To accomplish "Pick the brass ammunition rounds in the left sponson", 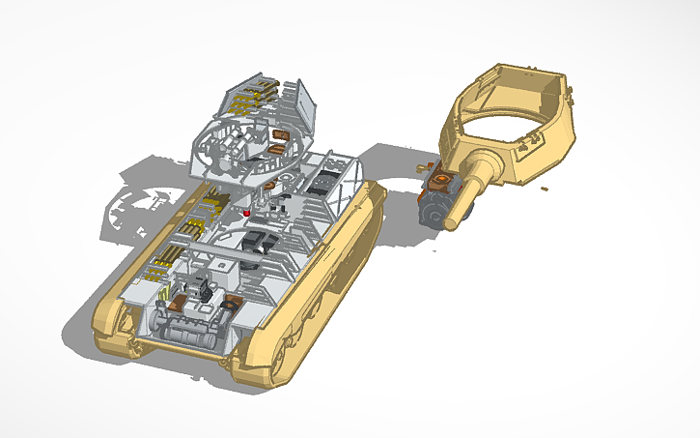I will [168, 256].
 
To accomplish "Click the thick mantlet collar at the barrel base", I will [487, 164].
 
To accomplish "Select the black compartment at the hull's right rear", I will [327, 180].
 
